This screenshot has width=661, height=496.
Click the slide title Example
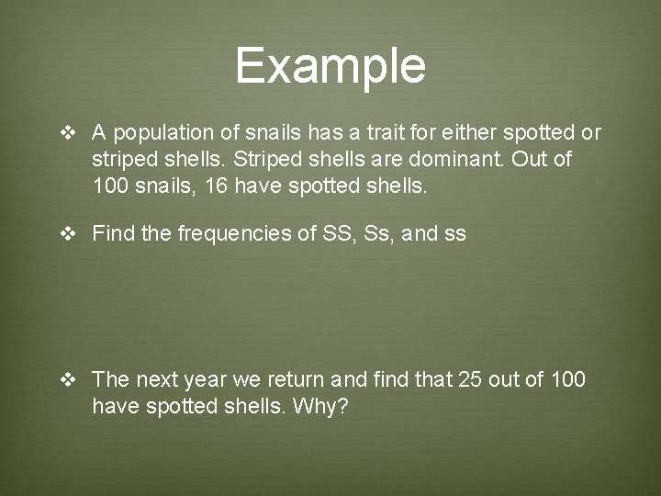(330, 66)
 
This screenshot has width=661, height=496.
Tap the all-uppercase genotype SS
(337, 233)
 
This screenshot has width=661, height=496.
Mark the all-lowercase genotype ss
(455, 234)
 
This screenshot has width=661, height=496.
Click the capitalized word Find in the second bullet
(113, 233)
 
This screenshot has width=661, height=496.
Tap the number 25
(469, 379)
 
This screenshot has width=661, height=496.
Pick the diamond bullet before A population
(68, 133)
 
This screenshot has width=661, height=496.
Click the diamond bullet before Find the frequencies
(68, 234)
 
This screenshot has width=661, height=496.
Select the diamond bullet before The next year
(68, 380)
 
